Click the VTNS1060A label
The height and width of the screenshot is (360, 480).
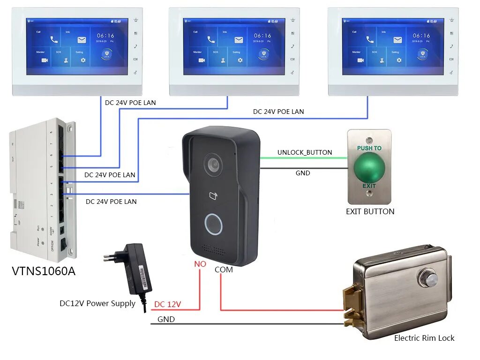[x=44, y=271]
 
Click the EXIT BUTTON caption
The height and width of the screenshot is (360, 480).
[x=370, y=211]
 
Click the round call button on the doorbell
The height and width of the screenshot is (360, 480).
[x=213, y=224]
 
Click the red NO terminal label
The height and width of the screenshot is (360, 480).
[x=200, y=264]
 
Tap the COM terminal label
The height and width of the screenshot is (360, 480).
[x=224, y=270]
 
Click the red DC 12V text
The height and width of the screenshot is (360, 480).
[x=167, y=304]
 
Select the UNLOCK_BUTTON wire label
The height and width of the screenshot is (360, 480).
[x=305, y=152]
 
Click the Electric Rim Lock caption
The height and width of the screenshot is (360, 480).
[x=424, y=337]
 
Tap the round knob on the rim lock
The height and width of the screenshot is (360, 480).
[x=428, y=278]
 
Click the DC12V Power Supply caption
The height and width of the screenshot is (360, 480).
[x=97, y=303]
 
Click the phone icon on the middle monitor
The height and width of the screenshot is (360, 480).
[x=211, y=40]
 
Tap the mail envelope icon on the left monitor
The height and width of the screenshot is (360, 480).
[x=82, y=40]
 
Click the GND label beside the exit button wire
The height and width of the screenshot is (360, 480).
[x=303, y=173]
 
